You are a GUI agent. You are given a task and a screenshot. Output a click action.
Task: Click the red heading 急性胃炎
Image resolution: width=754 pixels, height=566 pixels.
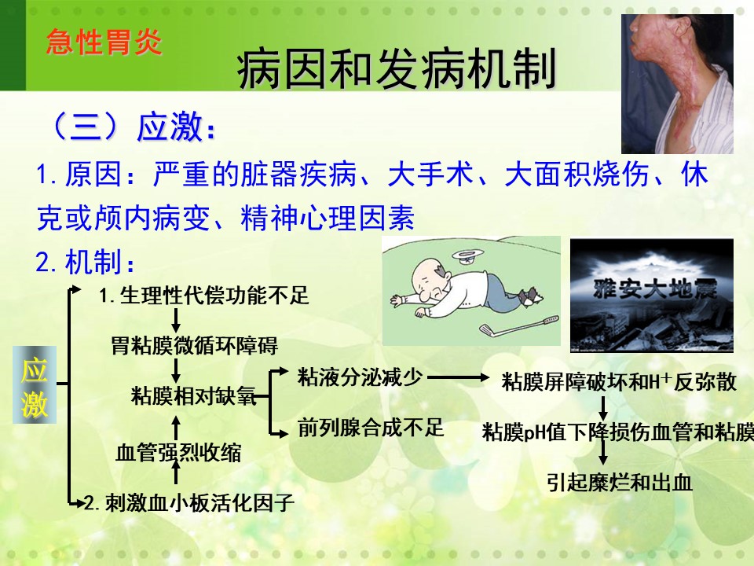tap(104, 42)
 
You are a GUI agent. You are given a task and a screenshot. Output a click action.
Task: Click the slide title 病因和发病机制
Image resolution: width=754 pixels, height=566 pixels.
tap(396, 69)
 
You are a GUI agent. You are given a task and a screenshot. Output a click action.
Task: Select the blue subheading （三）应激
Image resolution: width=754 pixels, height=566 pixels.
tap(132, 127)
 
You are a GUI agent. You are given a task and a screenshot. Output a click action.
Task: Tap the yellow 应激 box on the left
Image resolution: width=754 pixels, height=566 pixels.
tap(35, 384)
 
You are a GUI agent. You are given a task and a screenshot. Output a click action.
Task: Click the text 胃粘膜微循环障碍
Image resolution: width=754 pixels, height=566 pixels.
tap(194, 346)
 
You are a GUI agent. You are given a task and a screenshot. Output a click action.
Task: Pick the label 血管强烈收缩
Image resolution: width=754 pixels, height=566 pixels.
tap(178, 453)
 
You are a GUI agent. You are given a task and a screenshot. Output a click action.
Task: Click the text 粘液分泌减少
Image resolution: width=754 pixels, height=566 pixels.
tap(361, 377)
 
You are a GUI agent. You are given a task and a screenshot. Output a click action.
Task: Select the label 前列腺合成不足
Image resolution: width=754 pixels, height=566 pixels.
tap(370, 428)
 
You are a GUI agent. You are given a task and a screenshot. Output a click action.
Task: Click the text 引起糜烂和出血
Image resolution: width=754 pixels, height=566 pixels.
tap(620, 482)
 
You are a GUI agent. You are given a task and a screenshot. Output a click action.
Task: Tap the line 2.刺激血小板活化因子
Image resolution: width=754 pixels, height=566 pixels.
tap(189, 503)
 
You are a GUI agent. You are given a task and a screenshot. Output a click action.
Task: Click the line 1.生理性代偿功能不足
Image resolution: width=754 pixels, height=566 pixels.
tap(204, 295)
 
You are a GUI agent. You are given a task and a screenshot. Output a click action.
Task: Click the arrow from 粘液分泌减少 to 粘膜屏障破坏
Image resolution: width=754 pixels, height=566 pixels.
tap(458, 378)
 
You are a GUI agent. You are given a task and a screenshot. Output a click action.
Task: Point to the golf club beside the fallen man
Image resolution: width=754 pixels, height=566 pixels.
tap(519, 325)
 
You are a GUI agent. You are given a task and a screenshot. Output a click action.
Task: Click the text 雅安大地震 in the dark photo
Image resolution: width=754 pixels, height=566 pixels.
tap(655, 289)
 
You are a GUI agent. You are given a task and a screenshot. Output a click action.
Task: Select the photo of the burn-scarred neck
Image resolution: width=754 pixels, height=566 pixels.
tap(678, 84)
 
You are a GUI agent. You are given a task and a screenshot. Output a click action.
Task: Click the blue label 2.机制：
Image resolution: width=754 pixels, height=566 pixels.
tap(85, 262)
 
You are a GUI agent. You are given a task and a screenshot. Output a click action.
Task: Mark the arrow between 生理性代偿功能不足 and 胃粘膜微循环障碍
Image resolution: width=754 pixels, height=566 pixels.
tap(176, 320)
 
